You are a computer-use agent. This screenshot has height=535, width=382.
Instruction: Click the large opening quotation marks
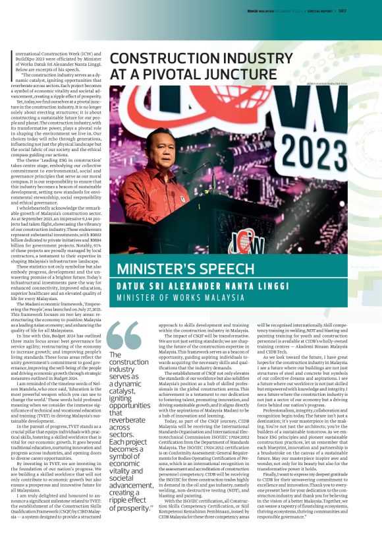click(x=124, y=338)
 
